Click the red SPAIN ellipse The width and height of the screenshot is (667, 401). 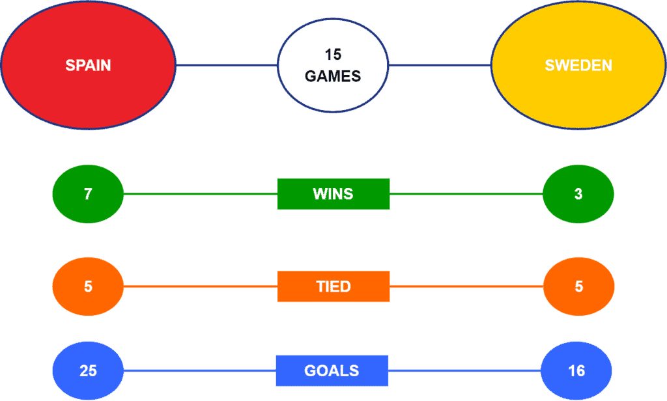[x=88, y=65]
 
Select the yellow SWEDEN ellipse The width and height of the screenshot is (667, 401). [x=578, y=65]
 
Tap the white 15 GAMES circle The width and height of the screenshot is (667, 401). [x=333, y=66]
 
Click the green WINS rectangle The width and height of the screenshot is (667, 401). [x=333, y=194]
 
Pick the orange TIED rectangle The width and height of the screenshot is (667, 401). [x=333, y=286]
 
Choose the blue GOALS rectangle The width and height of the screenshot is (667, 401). [x=332, y=370]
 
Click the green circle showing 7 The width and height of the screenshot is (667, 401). [x=88, y=194]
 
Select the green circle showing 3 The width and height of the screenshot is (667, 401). [x=578, y=194]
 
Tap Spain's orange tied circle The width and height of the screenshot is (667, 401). [x=88, y=286]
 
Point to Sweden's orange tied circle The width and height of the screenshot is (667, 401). [x=578, y=286]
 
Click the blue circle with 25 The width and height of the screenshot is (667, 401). [x=88, y=370]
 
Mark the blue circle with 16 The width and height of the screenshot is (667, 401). [x=576, y=370]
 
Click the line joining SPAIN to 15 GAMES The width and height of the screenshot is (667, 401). [x=227, y=65]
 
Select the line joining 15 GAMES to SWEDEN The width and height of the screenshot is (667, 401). [x=440, y=65]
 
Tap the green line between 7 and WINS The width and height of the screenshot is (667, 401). [x=201, y=194]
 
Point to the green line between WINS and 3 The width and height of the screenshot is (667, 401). [x=466, y=194]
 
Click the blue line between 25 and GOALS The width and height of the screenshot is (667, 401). [x=200, y=370]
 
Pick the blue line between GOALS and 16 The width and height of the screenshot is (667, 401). [x=464, y=370]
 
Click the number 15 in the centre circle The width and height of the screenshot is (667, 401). [x=333, y=55]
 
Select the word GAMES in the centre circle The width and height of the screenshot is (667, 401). [x=333, y=76]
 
